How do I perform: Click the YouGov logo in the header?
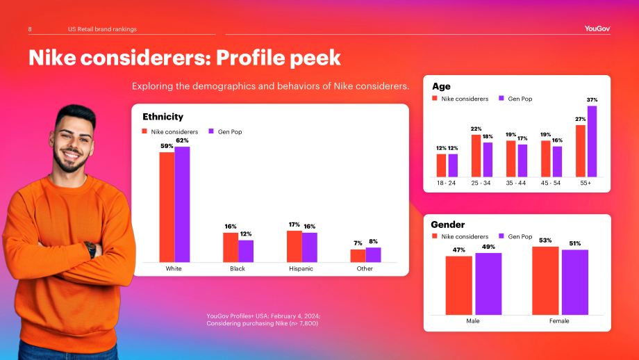pos(597,28)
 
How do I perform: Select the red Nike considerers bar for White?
pos(167,207)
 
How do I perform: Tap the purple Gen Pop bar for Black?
pos(246,251)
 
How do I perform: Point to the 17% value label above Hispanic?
pos(294,224)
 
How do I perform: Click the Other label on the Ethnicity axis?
pos(365,269)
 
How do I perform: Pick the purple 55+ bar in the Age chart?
pos(592,142)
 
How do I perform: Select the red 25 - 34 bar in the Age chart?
pos(476,156)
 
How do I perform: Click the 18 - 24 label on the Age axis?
pos(446,183)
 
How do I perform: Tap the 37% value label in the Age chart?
pos(592,100)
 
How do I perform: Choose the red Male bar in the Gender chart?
pos(459,286)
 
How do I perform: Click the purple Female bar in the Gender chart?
pos(575,282)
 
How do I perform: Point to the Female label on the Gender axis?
pos(559,321)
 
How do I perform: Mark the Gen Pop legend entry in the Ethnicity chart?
pos(225,131)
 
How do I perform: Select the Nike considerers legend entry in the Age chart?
pos(460,99)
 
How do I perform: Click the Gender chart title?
pos(447,224)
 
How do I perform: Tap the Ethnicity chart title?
pos(163,117)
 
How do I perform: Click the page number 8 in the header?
pos(30,29)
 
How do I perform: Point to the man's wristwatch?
pos(90,249)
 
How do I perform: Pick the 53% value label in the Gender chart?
pos(545,240)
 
